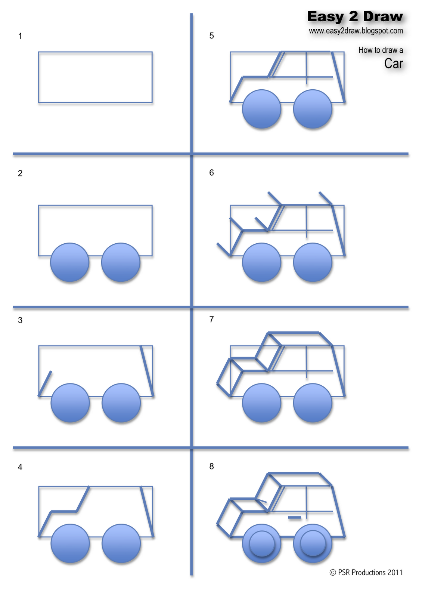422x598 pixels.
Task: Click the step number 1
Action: [20, 36]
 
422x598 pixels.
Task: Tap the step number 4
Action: [20, 467]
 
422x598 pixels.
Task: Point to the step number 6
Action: [212, 173]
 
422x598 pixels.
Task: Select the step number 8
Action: [212, 466]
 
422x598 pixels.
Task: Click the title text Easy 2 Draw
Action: [355, 17]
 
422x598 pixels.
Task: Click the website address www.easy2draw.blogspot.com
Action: [356, 31]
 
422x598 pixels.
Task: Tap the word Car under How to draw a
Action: [394, 64]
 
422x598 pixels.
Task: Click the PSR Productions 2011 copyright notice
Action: [366, 573]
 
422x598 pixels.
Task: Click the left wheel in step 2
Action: [70, 262]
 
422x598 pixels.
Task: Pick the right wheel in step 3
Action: [121, 403]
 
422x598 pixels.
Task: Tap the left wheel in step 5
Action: [261, 109]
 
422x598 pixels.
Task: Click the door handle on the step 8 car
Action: [294, 518]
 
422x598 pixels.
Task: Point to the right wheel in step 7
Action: [313, 403]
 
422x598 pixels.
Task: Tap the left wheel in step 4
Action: [70, 543]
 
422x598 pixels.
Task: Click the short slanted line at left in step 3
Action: [45, 383]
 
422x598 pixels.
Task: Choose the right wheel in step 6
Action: [313, 262]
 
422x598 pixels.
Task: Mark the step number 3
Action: [20, 320]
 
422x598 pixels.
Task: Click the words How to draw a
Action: [381, 50]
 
